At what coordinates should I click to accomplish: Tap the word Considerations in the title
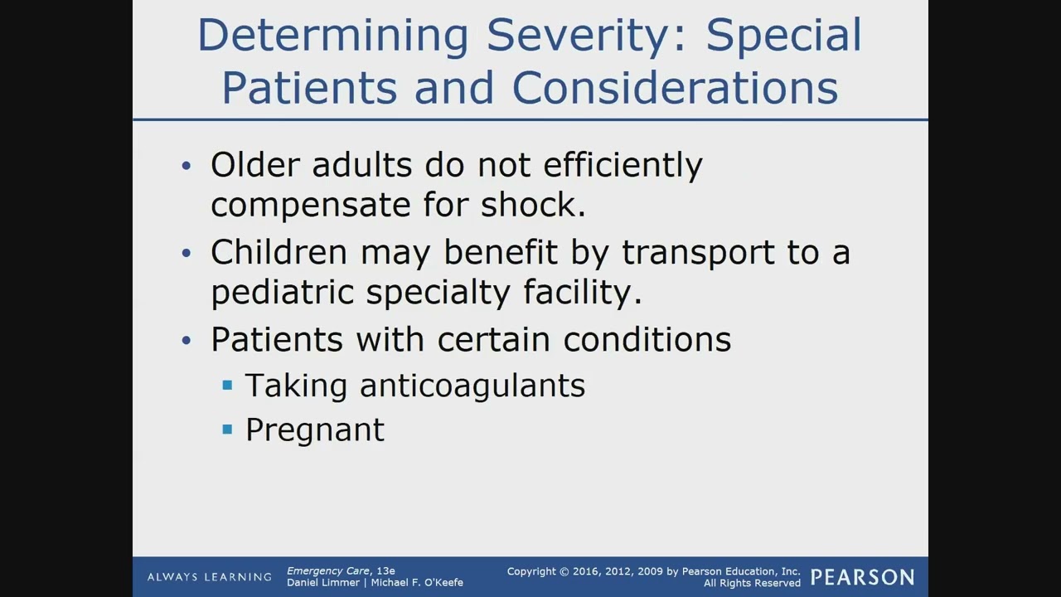(x=675, y=88)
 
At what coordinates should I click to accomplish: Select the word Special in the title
(x=784, y=36)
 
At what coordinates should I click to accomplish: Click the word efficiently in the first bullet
(x=623, y=165)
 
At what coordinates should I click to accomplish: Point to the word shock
(x=533, y=205)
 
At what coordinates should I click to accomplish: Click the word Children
(x=279, y=252)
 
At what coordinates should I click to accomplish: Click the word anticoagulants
(x=472, y=386)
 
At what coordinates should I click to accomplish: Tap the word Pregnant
(x=315, y=430)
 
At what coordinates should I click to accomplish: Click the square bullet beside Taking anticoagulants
(x=227, y=386)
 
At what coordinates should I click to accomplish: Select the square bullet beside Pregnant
(x=227, y=430)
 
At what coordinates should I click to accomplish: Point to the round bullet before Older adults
(x=186, y=166)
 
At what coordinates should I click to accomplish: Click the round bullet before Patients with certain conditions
(x=186, y=340)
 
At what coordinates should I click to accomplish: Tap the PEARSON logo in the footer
(x=862, y=577)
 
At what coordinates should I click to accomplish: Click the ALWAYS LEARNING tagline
(x=209, y=577)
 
